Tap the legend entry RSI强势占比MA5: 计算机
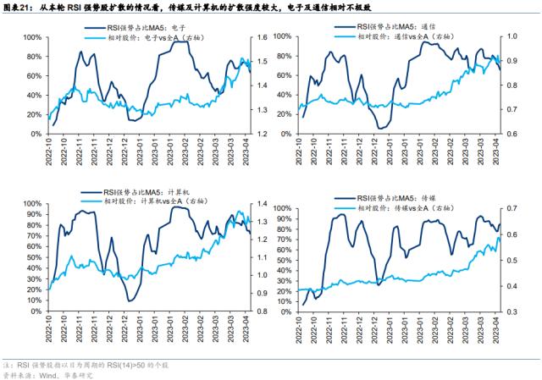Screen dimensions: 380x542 (140, 191)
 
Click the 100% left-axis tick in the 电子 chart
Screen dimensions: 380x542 (34, 38)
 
